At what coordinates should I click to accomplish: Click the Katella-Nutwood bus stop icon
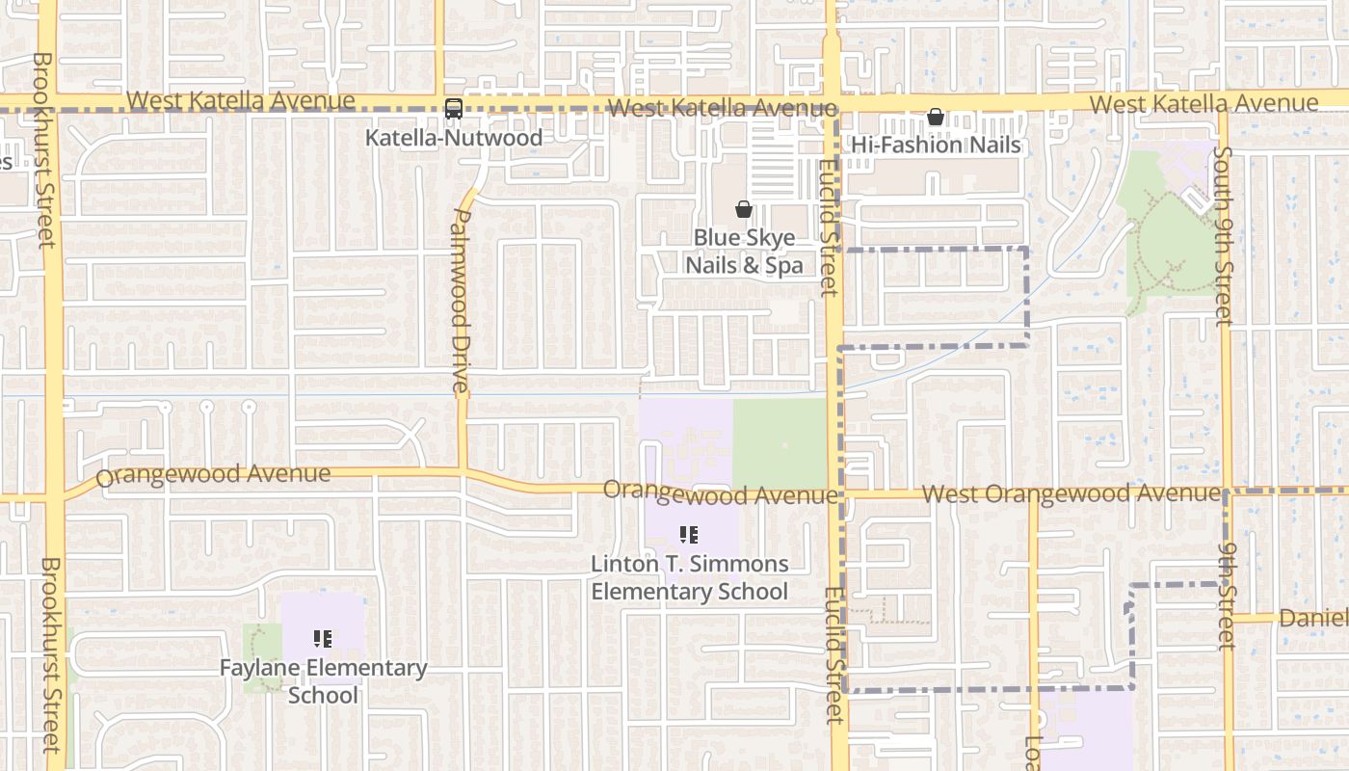tap(454, 109)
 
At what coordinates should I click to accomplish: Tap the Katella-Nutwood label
tap(453, 138)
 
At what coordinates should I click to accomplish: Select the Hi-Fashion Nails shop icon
tap(935, 118)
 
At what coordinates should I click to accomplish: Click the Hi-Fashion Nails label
tap(936, 146)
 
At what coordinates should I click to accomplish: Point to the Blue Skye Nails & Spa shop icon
tap(743, 209)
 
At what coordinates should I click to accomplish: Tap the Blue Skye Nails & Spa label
tap(743, 252)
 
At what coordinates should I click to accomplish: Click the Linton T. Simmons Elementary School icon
tap(689, 534)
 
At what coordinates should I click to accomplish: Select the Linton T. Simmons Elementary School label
tap(689, 577)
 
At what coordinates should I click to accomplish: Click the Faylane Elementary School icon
tap(323, 638)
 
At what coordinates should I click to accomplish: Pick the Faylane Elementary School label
tap(323, 680)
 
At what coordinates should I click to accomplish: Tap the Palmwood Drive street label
tap(461, 301)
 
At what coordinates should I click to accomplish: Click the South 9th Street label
tap(1223, 236)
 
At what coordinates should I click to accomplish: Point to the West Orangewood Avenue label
tap(1071, 493)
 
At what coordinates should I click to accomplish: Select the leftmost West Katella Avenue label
tap(241, 100)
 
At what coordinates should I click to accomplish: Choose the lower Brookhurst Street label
tap(50, 655)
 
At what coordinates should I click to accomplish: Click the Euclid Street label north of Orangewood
tap(829, 228)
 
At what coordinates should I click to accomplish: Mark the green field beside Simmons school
tap(780, 443)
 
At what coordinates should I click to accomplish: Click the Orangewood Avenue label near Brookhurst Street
tap(213, 475)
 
